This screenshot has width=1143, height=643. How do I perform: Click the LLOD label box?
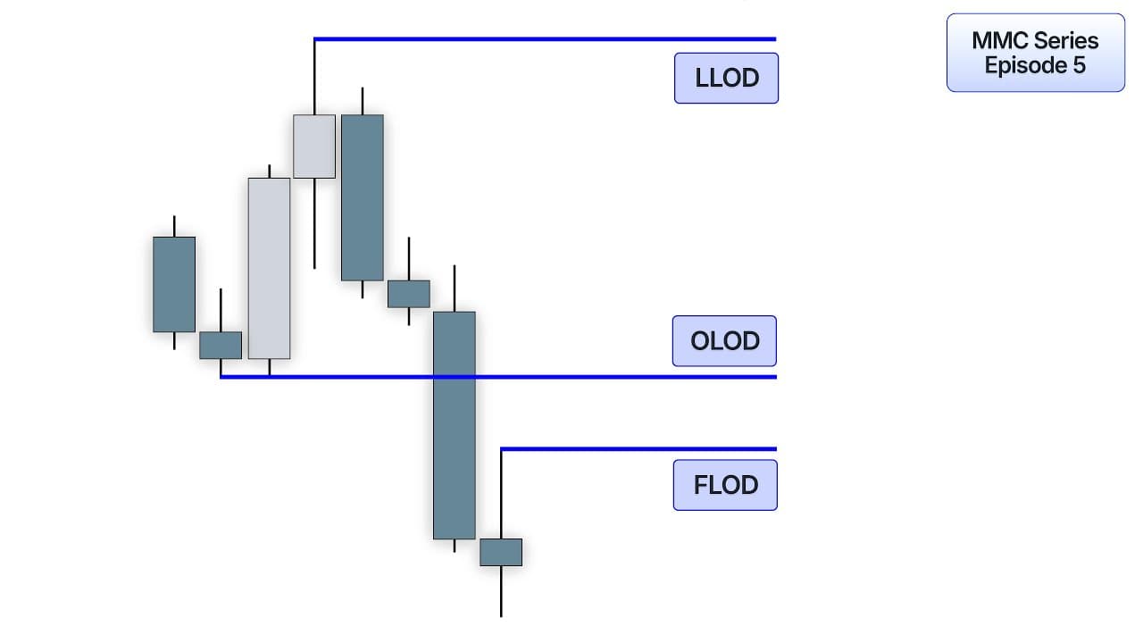(726, 78)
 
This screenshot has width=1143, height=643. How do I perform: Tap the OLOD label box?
(724, 341)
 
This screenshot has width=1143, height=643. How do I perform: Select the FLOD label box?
(725, 485)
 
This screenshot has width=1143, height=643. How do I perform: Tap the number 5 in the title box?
(1080, 65)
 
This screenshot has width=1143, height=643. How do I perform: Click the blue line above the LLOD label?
(545, 38)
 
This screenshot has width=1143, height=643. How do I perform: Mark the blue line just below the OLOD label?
(498, 377)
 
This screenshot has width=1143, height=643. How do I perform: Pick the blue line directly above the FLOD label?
(638, 449)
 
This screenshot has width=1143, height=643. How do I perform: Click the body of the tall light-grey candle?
(269, 269)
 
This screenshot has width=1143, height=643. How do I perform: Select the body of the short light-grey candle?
(314, 146)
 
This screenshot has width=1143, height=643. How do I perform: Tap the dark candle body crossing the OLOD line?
(455, 425)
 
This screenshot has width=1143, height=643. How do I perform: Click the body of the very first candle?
(174, 284)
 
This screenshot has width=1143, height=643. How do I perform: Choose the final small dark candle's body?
(501, 552)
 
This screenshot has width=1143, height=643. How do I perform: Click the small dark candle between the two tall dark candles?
(409, 294)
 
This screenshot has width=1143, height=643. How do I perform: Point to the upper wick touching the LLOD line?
(314, 78)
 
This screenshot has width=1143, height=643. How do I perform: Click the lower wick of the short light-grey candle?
(314, 223)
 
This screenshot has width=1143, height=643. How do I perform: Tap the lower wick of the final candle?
(501, 591)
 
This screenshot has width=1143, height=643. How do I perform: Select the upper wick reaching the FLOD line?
(501, 495)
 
